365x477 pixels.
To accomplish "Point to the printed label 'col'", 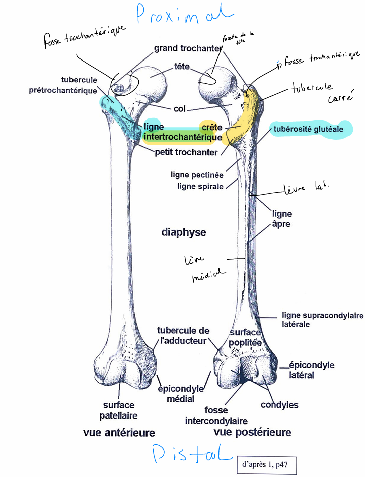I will [x=180, y=109].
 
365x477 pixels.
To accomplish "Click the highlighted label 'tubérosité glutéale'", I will [x=308, y=129].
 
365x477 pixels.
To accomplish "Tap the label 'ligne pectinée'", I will [x=197, y=176].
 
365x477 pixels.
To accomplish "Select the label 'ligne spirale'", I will [x=200, y=187].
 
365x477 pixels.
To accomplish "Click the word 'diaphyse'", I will [x=183, y=232].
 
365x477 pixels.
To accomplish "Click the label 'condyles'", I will [x=279, y=405].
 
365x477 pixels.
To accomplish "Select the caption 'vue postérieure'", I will [x=252, y=432].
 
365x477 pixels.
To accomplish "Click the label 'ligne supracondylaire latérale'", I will [x=322, y=320].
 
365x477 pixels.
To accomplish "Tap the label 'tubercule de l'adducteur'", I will [x=183, y=336].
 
